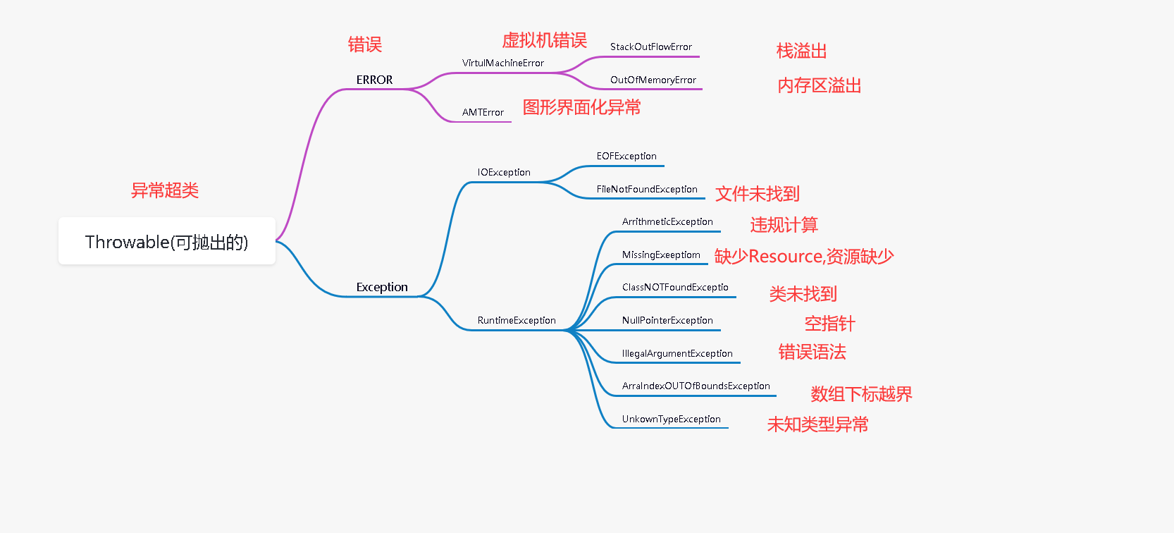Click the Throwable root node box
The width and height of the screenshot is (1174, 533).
pyautogui.click(x=166, y=241)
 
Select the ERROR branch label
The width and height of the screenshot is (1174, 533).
pyautogui.click(x=374, y=80)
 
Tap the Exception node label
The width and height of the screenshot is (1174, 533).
pyautogui.click(x=382, y=287)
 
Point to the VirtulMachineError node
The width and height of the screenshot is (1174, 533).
pyautogui.click(x=502, y=63)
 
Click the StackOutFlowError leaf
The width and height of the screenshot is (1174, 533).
pyautogui.click(x=650, y=47)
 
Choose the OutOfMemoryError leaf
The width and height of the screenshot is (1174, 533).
pyautogui.click(x=653, y=80)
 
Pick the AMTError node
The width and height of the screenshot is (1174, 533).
pyautogui.click(x=483, y=112)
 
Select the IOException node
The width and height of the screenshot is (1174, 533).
pyautogui.click(x=504, y=172)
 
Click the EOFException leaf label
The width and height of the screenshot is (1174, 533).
pyautogui.click(x=626, y=156)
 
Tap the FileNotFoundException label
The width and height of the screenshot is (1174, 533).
pyautogui.click(x=647, y=189)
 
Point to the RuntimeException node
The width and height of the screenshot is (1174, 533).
pyautogui.click(x=517, y=320)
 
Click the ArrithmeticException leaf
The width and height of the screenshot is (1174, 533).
pyautogui.click(x=667, y=221)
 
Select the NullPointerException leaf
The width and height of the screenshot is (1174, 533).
pyautogui.click(x=667, y=320)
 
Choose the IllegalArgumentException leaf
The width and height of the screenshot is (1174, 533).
pyautogui.click(x=677, y=353)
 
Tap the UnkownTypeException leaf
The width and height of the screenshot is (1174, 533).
pyautogui.click(x=671, y=419)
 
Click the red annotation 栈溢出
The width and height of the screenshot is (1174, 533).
pyautogui.click(x=801, y=51)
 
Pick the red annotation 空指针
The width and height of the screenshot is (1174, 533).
pyautogui.click(x=829, y=324)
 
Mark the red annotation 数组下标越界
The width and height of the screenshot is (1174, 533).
pyautogui.click(x=861, y=394)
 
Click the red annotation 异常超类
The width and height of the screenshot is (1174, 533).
pyautogui.click(x=165, y=190)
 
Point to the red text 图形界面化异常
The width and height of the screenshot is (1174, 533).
pyautogui.click(x=581, y=107)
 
